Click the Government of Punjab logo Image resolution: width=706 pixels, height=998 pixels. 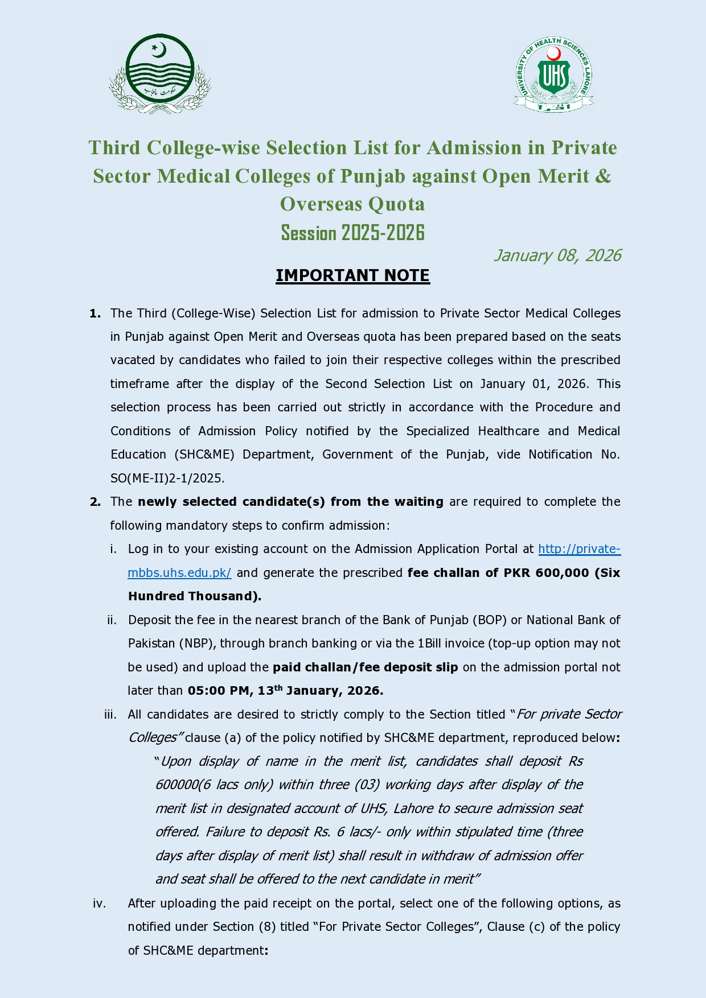click(160, 73)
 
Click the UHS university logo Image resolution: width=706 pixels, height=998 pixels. click(553, 74)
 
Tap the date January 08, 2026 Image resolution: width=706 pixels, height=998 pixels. click(557, 255)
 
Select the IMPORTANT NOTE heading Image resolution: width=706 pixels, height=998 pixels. click(352, 275)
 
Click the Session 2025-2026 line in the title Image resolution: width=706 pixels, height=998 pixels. click(352, 233)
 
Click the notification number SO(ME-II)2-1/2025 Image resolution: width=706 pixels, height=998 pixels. click(167, 479)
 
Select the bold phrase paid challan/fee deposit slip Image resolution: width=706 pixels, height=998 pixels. click(365, 667)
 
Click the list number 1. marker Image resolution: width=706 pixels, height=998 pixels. click(95, 314)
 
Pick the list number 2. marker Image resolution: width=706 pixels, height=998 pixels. click(95, 502)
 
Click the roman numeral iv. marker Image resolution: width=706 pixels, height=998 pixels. click(99, 904)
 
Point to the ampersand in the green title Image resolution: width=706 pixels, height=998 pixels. click(603, 176)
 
